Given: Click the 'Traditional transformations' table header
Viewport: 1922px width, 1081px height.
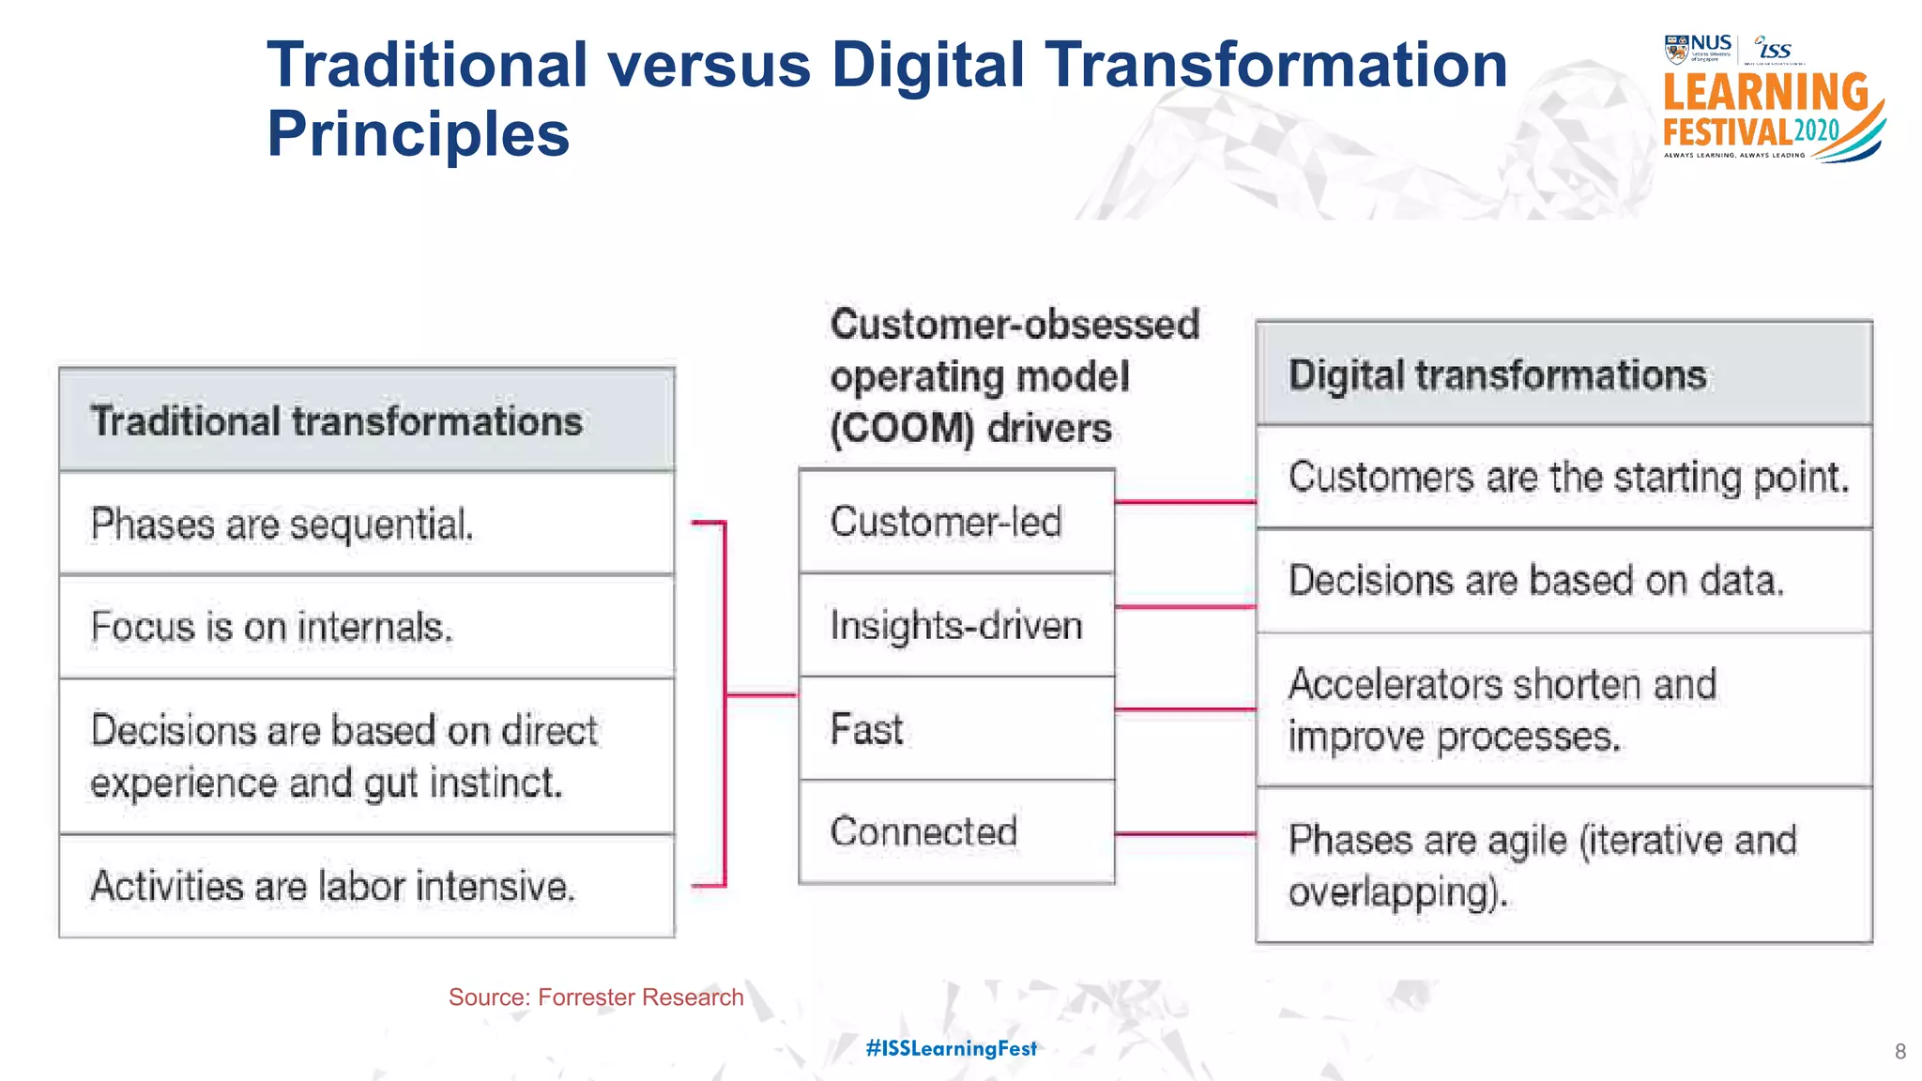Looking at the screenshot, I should click(366, 420).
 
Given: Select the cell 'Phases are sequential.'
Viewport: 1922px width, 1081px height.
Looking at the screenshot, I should click(366, 524).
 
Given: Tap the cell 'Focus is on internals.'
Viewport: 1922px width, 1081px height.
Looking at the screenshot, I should click(366, 627).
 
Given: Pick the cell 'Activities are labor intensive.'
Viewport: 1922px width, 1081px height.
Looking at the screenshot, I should click(366, 886).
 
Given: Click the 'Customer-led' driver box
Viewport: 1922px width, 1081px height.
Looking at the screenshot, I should click(956, 522).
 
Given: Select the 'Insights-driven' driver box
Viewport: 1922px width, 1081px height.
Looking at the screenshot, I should click(956, 625).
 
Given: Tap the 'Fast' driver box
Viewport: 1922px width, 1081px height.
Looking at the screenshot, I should click(956, 729).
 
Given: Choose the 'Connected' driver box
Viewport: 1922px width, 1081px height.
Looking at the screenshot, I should click(956, 831).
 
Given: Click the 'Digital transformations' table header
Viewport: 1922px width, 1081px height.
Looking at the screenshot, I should click(1564, 374).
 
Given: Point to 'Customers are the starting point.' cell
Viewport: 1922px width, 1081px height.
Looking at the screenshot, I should click(1564, 478).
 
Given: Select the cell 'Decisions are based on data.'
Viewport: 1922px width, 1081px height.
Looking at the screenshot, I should click(1564, 581).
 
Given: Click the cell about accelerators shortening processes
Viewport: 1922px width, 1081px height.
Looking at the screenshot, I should click(1564, 710).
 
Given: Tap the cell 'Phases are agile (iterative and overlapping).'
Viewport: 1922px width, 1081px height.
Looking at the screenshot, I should click(1564, 865).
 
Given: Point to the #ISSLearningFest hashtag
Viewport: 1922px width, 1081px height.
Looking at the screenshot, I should click(951, 1048).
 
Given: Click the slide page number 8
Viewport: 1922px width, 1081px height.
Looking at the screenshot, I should click(1899, 1052).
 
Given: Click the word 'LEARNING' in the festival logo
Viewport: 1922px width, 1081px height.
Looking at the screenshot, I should click(1765, 93).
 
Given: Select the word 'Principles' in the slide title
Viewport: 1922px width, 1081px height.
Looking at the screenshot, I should click(419, 133).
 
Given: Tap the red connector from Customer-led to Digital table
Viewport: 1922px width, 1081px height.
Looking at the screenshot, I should click(1185, 502).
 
